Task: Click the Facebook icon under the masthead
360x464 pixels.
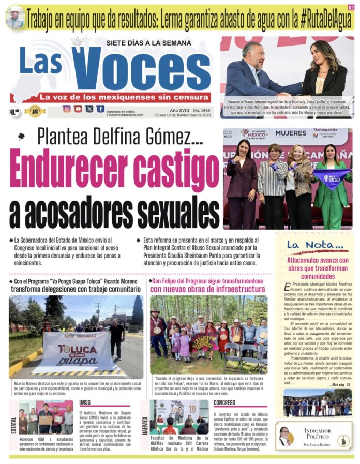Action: coord(100,109)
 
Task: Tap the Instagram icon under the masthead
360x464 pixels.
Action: coord(67,109)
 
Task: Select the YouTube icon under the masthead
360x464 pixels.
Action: coord(78,109)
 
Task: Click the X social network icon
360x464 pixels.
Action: coord(89,109)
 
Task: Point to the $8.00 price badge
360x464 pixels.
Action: coord(14,111)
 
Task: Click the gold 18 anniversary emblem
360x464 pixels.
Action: coord(35,111)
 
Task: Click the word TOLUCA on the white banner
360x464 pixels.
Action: coord(77,348)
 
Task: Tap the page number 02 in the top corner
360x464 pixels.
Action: coord(351,8)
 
